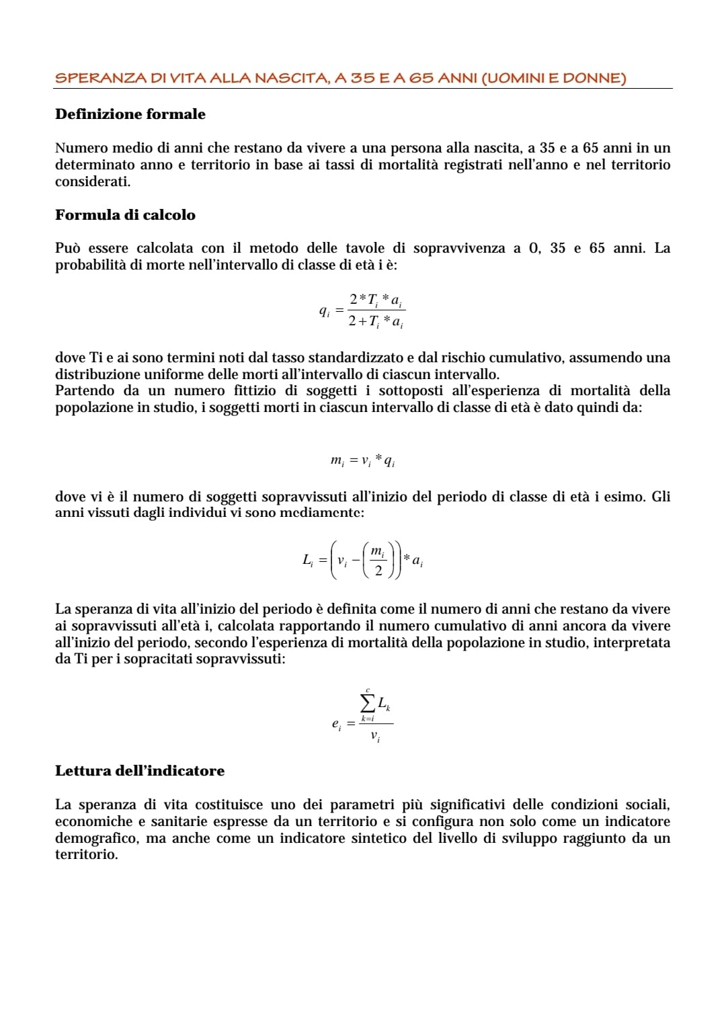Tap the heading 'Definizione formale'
pyautogui.click(x=130, y=114)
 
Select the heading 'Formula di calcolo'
pyautogui.click(x=125, y=215)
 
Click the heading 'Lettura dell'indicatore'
pyautogui.click(x=140, y=771)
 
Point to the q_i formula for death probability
pyautogui.click(x=362, y=311)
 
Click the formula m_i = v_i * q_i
pyautogui.click(x=362, y=460)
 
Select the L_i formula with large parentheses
pyautogui.click(x=362, y=560)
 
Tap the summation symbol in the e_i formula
pyautogui.click(x=368, y=703)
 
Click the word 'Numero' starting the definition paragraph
pyautogui.click(x=80, y=148)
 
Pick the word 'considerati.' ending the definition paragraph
pyautogui.click(x=93, y=181)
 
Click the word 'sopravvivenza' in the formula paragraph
pyautogui.click(x=458, y=248)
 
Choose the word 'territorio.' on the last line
pyautogui.click(x=86, y=855)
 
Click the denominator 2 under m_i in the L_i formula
pyautogui.click(x=378, y=571)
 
